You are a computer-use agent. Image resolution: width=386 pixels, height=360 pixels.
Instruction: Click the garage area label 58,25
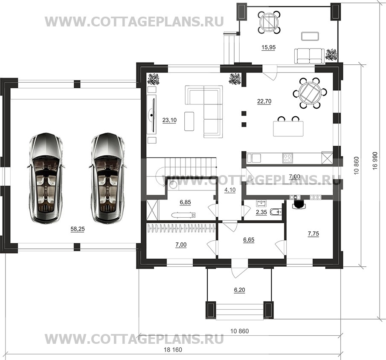pyautogui.click(x=78, y=229)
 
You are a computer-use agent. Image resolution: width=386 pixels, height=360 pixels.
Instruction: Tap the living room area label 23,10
pyautogui.click(x=169, y=120)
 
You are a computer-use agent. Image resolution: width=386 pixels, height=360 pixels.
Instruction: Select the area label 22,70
pyautogui.click(x=264, y=101)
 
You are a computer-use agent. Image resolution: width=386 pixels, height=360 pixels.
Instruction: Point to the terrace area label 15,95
pyautogui.click(x=268, y=47)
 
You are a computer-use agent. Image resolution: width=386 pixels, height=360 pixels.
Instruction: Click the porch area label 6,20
pyautogui.click(x=240, y=290)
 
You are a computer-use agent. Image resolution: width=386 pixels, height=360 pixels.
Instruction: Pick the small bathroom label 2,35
pyautogui.click(x=261, y=212)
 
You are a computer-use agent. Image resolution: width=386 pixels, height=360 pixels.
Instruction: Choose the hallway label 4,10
pyautogui.click(x=230, y=190)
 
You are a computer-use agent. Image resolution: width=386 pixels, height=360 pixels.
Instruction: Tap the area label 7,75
pyautogui.click(x=313, y=233)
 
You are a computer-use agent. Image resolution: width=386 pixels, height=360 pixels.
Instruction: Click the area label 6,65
pyautogui.click(x=249, y=240)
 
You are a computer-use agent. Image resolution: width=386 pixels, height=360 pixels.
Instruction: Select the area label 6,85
pyautogui.click(x=185, y=202)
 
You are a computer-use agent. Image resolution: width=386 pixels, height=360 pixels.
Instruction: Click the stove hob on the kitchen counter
pyautogui.click(x=287, y=158)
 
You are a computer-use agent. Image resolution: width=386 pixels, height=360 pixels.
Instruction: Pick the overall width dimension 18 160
pyautogui.click(x=173, y=350)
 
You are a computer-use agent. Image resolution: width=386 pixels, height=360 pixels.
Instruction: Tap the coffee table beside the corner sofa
pyautogui.click(x=189, y=121)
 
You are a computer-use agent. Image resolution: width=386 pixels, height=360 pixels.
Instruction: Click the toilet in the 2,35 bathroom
pyautogui.click(x=276, y=212)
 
